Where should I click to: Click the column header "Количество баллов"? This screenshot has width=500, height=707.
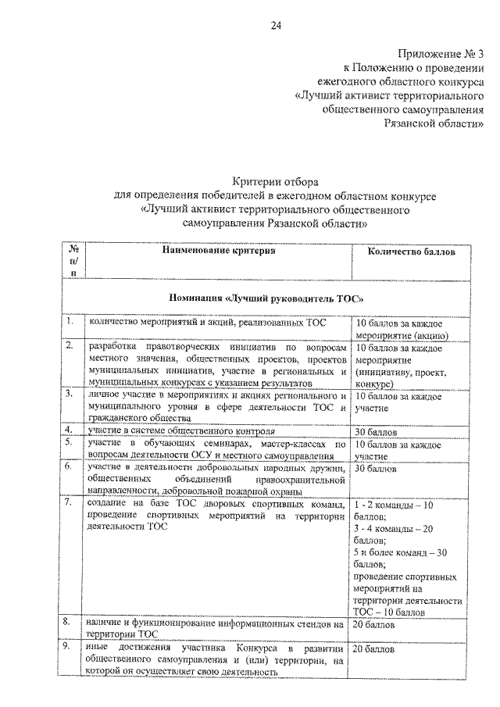pyautogui.click(x=407, y=251)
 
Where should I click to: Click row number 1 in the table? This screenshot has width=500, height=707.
pyautogui.click(x=70, y=322)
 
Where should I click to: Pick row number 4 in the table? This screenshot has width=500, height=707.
pyautogui.click(x=70, y=430)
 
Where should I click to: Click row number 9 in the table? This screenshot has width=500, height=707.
pyautogui.click(x=70, y=648)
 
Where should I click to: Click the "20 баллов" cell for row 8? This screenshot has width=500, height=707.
pyautogui.click(x=374, y=626)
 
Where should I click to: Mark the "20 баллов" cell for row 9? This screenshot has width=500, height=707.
pyautogui.click(x=374, y=649)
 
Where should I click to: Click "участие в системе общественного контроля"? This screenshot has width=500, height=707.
pyautogui.click(x=181, y=430)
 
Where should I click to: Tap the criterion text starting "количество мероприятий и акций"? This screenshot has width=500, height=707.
pyautogui.click(x=208, y=322)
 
